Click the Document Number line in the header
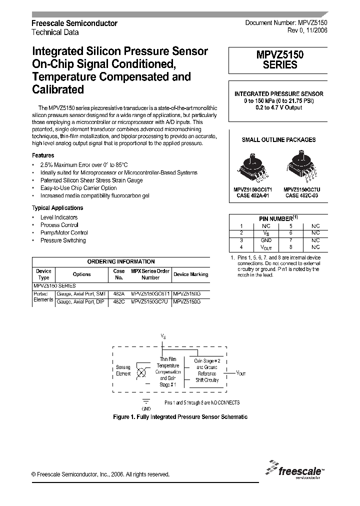pyautogui.click(x=286, y=23)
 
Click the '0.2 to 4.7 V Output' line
pyautogui.click(x=278, y=107)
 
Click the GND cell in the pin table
pyautogui.click(x=266, y=240)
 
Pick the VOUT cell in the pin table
pyautogui.click(x=266, y=247)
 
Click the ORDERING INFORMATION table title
pyautogui.click(x=121, y=261)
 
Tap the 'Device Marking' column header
pyautogui.click(x=190, y=274)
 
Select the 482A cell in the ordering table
pyautogui.click(x=118, y=294)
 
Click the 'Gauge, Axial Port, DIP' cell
pyautogui.click(x=80, y=302)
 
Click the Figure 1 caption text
pyautogui.click(x=180, y=416)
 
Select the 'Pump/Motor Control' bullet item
pyautogui.click(x=64, y=233)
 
